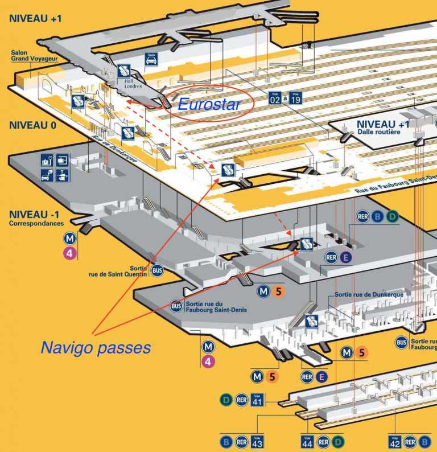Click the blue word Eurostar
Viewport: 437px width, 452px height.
208,104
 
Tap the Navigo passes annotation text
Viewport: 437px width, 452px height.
96,347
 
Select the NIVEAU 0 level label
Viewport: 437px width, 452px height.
32,126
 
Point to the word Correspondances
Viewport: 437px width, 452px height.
36,224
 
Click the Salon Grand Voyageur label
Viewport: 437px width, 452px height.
35,56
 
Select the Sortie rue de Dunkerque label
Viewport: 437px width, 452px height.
361,294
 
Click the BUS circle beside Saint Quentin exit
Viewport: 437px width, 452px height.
158,271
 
